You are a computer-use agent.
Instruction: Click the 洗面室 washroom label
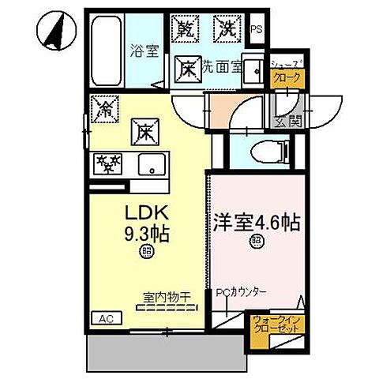pos(222,67)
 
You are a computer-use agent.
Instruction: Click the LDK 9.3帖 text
pos(146,223)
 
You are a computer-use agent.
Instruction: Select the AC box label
pos(103,318)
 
